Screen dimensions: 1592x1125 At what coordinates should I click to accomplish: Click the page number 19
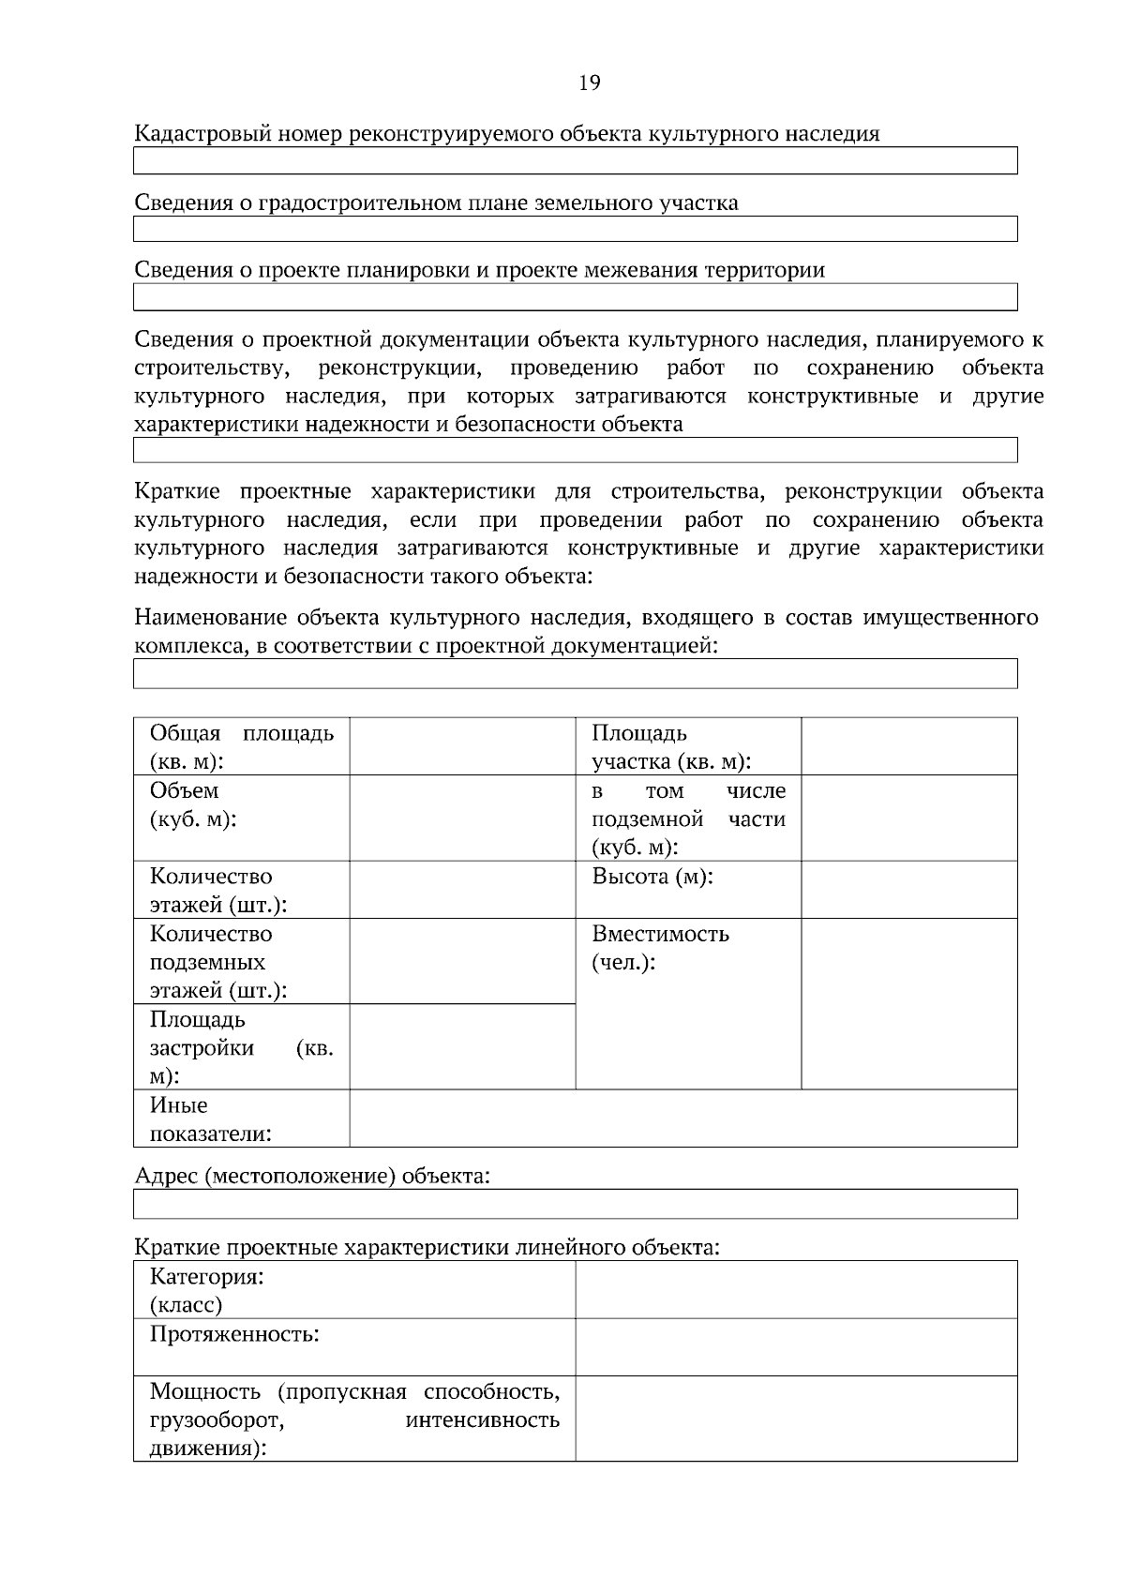click(x=589, y=83)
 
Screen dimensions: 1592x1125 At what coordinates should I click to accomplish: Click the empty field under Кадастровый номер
click(x=575, y=161)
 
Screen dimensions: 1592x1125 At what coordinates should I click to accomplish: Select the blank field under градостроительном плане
click(x=575, y=230)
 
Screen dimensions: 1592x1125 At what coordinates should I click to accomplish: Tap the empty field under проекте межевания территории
click(x=575, y=298)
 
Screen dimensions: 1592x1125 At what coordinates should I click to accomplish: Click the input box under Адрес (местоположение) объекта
click(x=575, y=1204)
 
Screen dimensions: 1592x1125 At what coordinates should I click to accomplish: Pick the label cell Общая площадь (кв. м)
click(x=241, y=746)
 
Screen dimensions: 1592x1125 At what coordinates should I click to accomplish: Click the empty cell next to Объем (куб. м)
click(x=462, y=818)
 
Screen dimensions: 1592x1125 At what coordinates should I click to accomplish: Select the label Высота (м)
click(x=652, y=878)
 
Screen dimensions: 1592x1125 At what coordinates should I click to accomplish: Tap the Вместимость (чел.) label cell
click(x=660, y=948)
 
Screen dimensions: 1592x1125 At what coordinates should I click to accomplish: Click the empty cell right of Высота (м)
click(x=908, y=890)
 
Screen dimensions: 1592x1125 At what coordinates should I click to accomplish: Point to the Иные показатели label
click(x=210, y=1119)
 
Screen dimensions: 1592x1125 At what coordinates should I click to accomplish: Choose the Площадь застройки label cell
click(x=241, y=1047)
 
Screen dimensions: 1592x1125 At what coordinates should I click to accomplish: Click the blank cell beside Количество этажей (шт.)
click(x=462, y=890)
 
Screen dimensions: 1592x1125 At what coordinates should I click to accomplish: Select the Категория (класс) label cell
click(x=206, y=1290)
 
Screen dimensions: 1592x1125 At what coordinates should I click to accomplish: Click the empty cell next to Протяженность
click(x=796, y=1347)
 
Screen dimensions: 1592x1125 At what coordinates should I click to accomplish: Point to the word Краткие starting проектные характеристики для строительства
click(x=177, y=492)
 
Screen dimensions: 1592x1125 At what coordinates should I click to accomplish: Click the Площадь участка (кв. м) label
click(x=670, y=746)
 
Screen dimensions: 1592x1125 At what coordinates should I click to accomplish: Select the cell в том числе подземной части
click(x=688, y=819)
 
